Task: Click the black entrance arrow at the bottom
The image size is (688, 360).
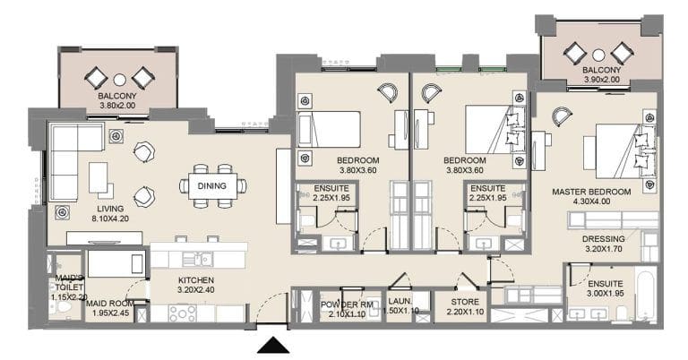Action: (272, 345)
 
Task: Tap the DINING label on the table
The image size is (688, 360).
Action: (212, 185)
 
